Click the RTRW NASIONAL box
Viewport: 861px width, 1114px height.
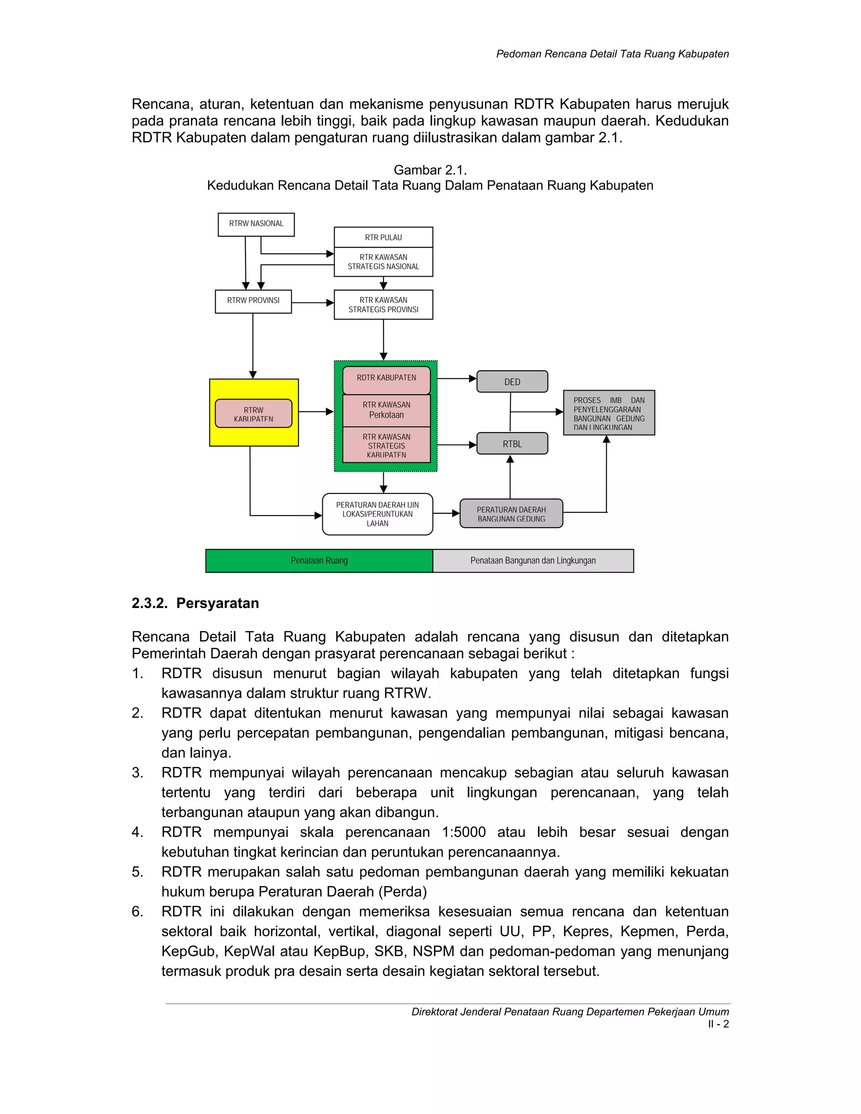coord(256,224)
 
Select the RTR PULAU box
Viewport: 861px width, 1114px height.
coord(383,237)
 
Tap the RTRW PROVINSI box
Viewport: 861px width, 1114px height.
coord(253,301)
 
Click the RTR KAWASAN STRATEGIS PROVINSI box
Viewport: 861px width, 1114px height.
coord(383,304)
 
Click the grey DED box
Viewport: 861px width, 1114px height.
coord(512,382)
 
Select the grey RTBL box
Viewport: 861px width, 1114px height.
coord(512,444)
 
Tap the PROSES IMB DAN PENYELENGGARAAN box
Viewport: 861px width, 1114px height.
coord(608,413)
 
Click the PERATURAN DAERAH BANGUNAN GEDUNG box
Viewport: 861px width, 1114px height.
coord(511,514)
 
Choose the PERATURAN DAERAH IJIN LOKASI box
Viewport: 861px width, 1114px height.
coord(378,514)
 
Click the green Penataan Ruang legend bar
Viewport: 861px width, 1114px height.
coord(320,560)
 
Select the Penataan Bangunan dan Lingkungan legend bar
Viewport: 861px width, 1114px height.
coord(533,560)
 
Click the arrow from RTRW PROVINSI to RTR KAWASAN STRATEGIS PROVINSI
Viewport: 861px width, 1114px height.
coord(313,303)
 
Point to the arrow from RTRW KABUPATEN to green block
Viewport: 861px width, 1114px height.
coord(316,411)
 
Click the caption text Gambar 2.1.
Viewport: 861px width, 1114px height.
coord(430,170)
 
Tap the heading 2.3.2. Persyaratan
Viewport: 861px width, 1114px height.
coord(195,603)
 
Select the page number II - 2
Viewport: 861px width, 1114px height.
coord(718,1024)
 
